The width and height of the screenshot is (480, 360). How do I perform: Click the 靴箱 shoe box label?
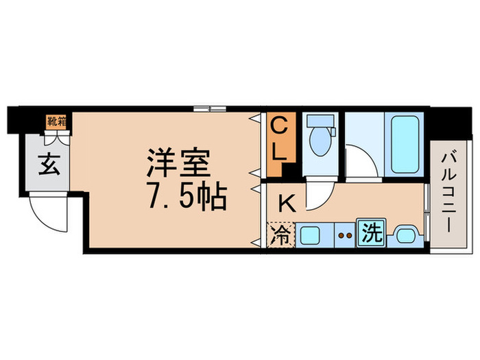coord(56,121)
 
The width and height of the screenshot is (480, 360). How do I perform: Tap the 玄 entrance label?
coord(47,166)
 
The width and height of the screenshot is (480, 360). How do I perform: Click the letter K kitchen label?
coord(287,202)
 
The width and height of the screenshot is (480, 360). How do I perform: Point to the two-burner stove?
coord(345,235)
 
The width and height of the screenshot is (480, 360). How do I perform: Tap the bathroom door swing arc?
coord(361,159)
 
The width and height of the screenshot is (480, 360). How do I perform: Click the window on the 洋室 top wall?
coord(209,108)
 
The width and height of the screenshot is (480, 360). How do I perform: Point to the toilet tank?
coord(320,121)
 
